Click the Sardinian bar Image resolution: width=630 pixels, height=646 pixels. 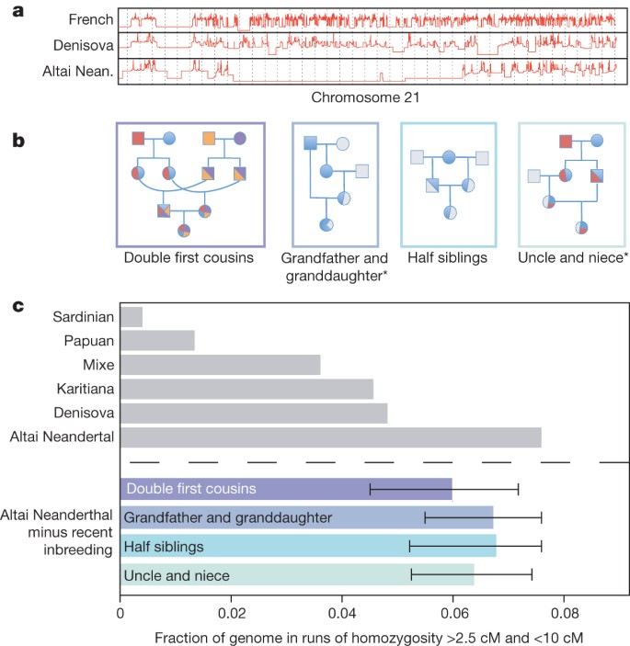132,317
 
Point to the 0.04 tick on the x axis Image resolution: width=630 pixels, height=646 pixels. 342,608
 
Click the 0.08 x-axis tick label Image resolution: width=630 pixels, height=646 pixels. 564,608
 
